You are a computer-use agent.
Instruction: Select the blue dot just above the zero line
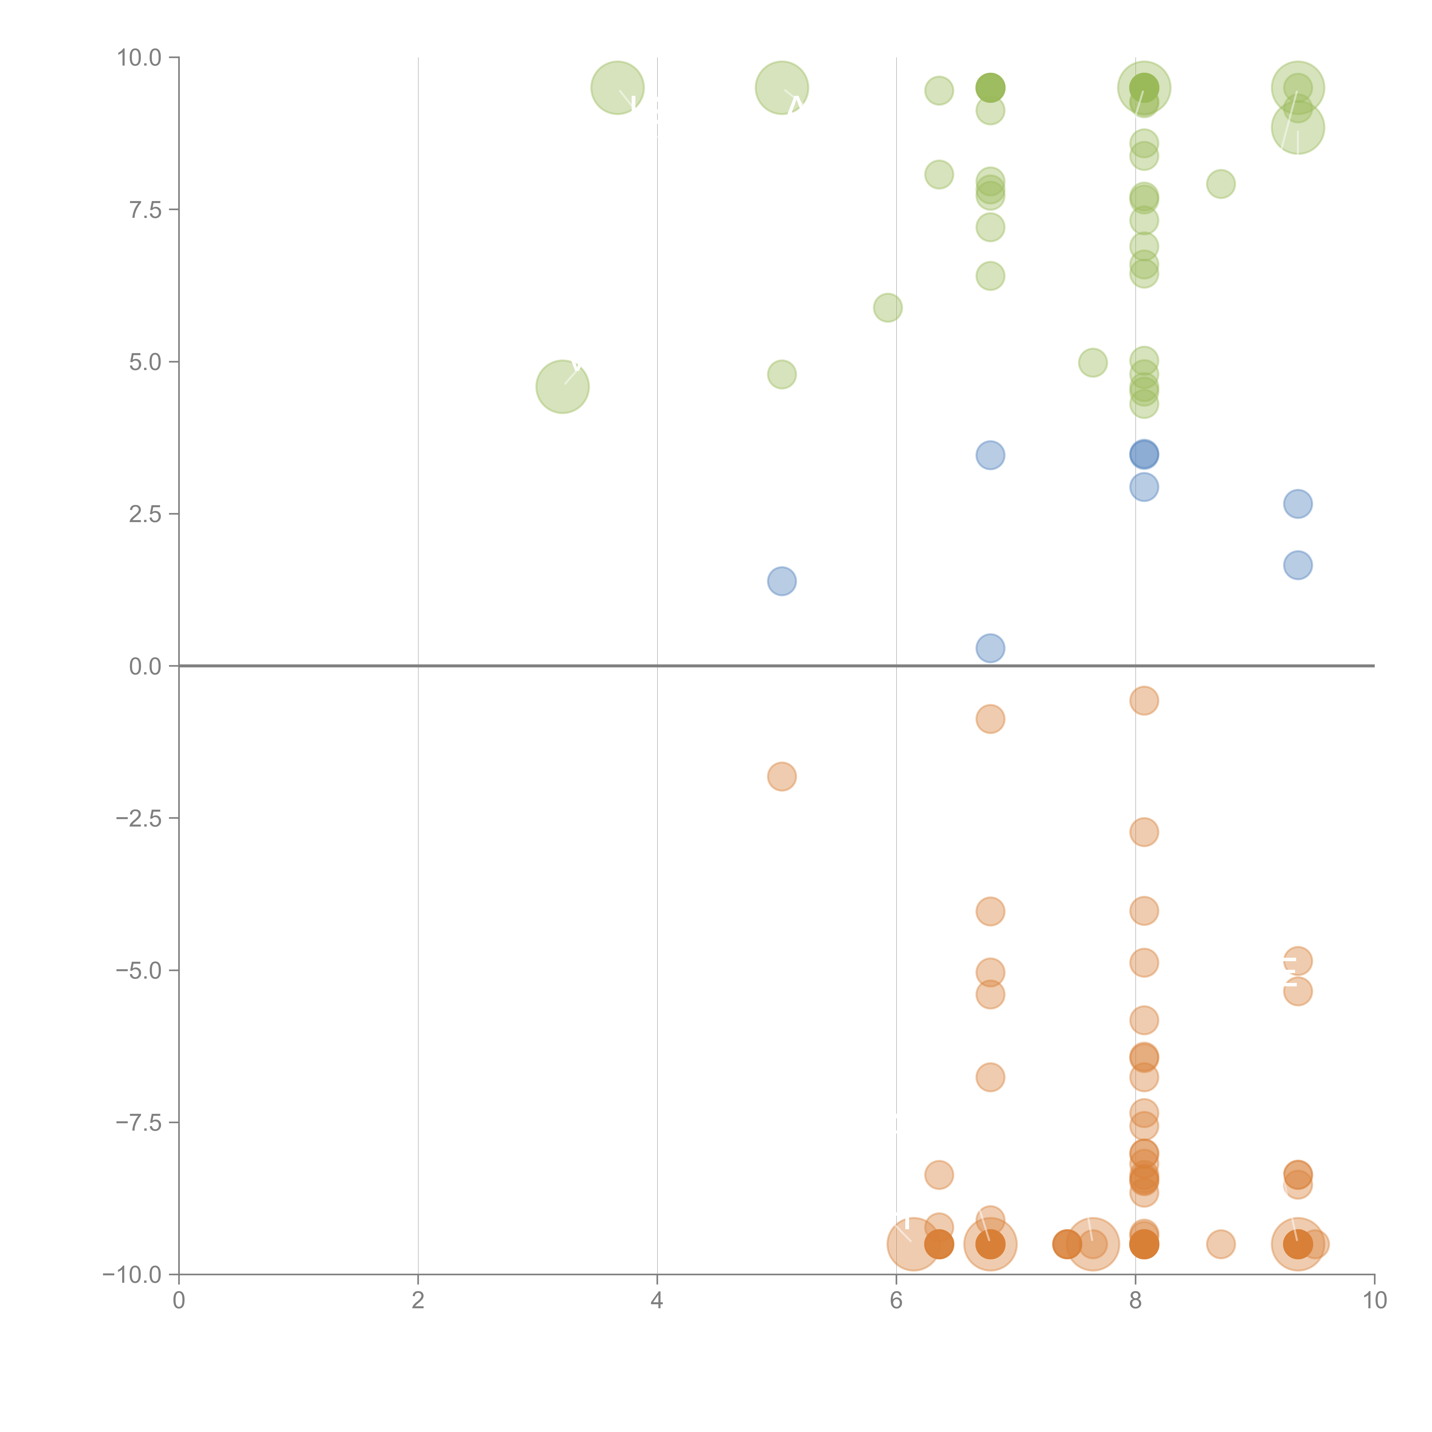[990, 648]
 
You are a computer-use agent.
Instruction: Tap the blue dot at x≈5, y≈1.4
[782, 581]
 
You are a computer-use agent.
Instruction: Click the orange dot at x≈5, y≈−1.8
[782, 777]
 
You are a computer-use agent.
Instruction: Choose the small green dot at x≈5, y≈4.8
[782, 374]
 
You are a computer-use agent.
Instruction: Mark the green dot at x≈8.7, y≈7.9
[1221, 184]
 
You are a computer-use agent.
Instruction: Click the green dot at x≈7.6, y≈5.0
[1093, 363]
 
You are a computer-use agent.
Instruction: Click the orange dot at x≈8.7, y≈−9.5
[1221, 1244]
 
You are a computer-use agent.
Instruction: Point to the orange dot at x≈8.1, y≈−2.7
[1144, 832]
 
